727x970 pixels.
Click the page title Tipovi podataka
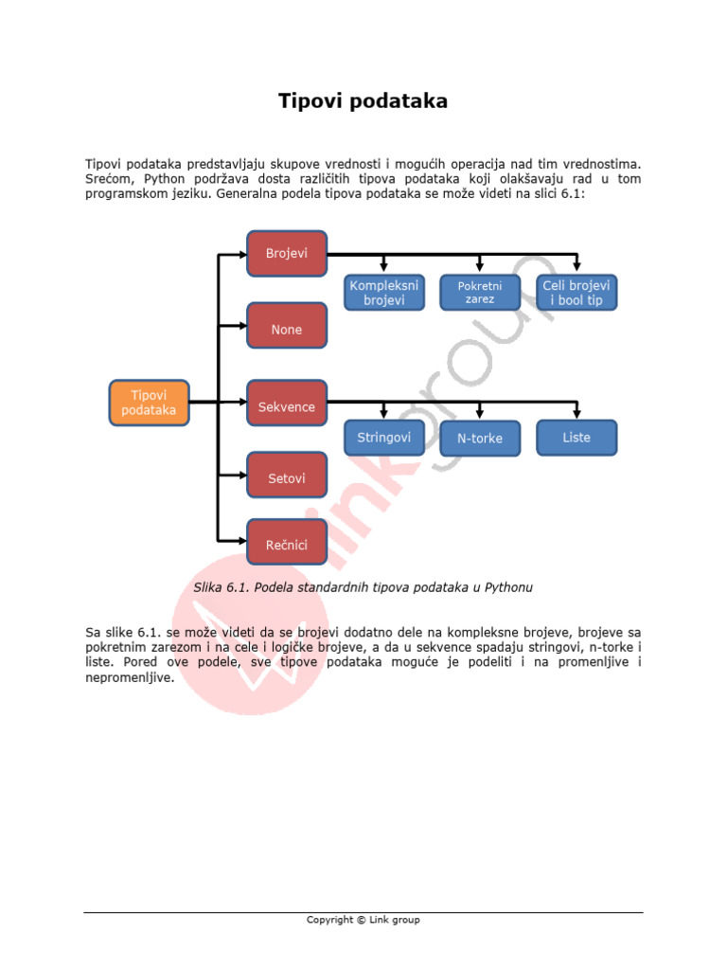(x=363, y=101)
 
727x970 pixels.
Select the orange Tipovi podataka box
(x=149, y=403)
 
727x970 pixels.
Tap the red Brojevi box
(x=286, y=253)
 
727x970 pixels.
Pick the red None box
(x=286, y=330)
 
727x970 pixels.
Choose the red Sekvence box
(x=286, y=407)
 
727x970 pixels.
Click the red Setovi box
(x=286, y=478)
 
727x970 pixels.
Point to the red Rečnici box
(x=286, y=545)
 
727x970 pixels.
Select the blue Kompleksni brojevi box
(x=383, y=292)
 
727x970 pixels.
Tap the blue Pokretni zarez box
(x=480, y=292)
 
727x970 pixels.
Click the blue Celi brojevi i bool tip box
(x=576, y=292)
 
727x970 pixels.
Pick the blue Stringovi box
(x=383, y=438)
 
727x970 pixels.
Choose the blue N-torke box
(x=480, y=439)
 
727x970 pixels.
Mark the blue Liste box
(x=576, y=438)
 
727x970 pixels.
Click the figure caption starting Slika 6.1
(x=363, y=587)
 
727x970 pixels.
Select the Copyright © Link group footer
(x=363, y=920)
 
